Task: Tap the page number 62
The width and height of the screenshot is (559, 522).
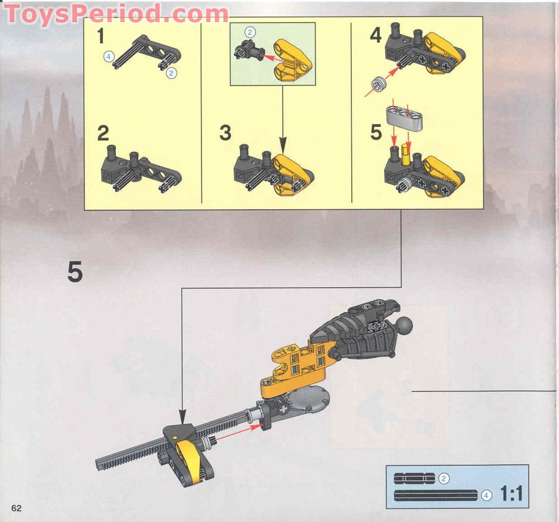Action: (16, 507)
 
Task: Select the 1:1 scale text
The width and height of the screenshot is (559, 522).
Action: (510, 494)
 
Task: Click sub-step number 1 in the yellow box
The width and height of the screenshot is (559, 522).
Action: (101, 37)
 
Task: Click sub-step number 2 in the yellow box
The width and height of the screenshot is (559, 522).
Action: (102, 134)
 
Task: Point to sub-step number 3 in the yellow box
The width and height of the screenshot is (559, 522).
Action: (225, 134)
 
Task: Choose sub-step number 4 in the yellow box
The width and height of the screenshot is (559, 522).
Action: (376, 35)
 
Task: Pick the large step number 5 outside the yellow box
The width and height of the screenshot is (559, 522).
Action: (75, 273)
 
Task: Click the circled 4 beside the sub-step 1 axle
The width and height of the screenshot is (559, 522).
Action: (108, 55)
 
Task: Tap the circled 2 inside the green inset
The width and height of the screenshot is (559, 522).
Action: (250, 32)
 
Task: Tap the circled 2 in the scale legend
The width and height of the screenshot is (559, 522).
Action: (444, 479)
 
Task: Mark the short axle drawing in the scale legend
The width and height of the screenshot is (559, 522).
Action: (415, 479)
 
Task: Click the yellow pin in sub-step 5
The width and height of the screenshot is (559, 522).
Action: (406, 152)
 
